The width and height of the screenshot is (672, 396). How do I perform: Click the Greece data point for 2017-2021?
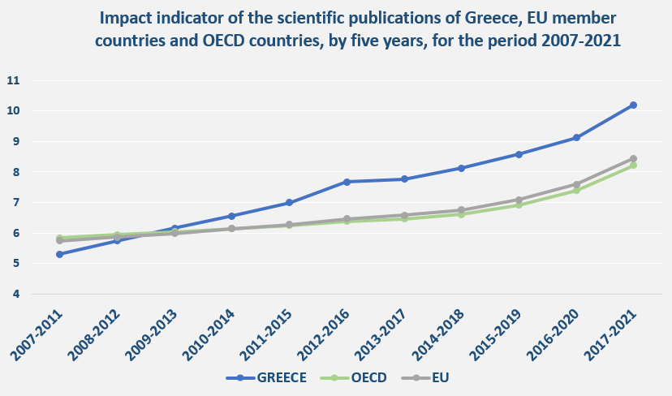tap(633, 105)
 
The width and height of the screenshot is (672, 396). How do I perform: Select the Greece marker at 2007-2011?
tap(59, 254)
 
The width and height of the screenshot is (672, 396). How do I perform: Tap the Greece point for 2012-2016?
tap(347, 182)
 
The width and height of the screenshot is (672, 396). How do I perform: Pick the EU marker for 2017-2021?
tap(633, 158)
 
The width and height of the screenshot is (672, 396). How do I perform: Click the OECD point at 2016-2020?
tap(576, 190)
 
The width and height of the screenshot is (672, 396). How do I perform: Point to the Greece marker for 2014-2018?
tap(461, 168)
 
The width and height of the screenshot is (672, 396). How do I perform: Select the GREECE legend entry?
tap(273, 378)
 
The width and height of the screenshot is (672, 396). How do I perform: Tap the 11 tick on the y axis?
tap(13, 80)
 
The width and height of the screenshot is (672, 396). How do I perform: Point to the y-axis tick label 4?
tap(15, 294)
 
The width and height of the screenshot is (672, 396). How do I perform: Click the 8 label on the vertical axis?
tap(15, 172)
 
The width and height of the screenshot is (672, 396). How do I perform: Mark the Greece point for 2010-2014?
tap(231, 216)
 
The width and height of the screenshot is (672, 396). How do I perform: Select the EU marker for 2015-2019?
tap(519, 199)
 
